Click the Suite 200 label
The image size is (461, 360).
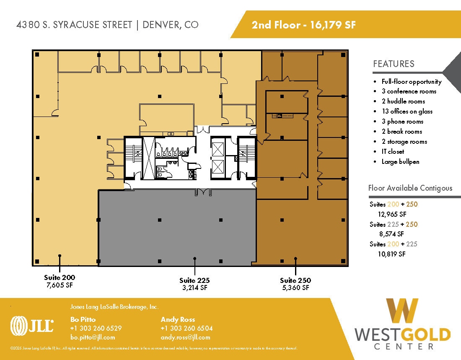click(x=60, y=277)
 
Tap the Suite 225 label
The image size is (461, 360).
click(x=194, y=280)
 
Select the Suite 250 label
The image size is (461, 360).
click(x=295, y=280)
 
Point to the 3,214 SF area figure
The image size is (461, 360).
click(x=194, y=288)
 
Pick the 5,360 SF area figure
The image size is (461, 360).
click(x=295, y=288)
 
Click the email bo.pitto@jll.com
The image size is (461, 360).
click(x=92, y=337)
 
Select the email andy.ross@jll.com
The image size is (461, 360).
click(x=185, y=337)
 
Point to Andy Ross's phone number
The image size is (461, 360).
click(x=186, y=329)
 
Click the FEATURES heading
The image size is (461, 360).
click(x=394, y=64)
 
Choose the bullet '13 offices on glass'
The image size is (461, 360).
click(x=407, y=111)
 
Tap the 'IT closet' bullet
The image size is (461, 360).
click(x=393, y=152)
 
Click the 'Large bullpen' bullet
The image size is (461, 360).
click(x=400, y=162)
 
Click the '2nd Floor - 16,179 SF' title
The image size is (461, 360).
click(x=303, y=25)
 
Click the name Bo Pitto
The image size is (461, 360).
click(x=83, y=320)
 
